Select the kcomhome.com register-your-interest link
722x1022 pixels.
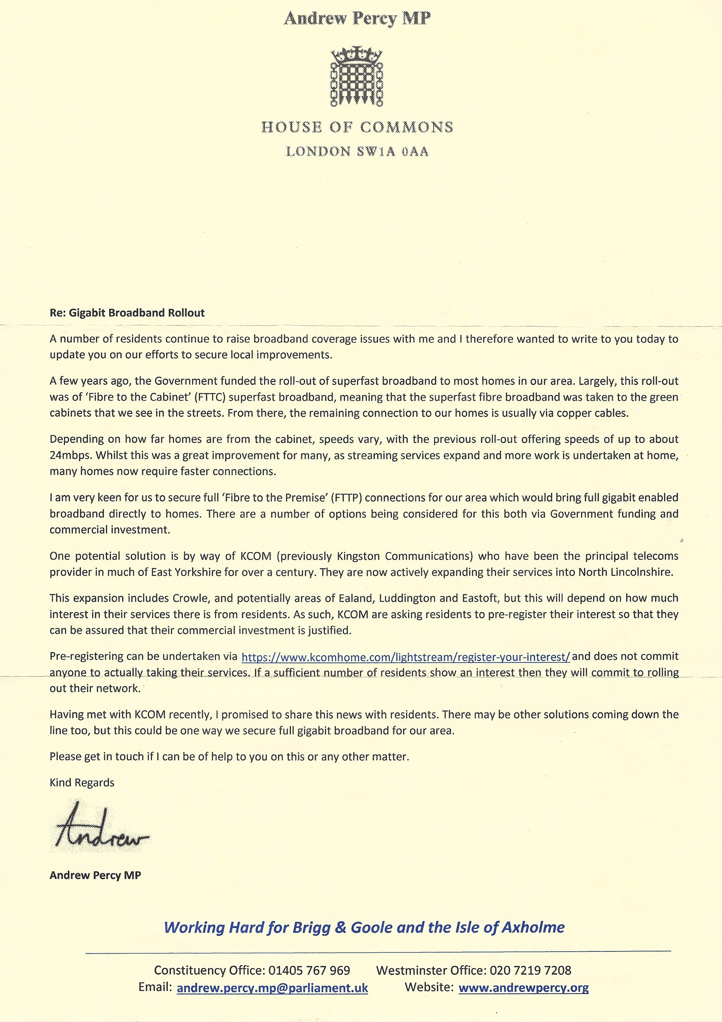click(x=405, y=657)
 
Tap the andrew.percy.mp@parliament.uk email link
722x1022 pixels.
click(x=272, y=988)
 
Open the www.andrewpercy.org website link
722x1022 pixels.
click(x=523, y=987)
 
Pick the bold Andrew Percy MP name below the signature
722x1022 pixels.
click(x=95, y=875)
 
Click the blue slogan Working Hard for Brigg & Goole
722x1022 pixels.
click(x=364, y=927)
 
